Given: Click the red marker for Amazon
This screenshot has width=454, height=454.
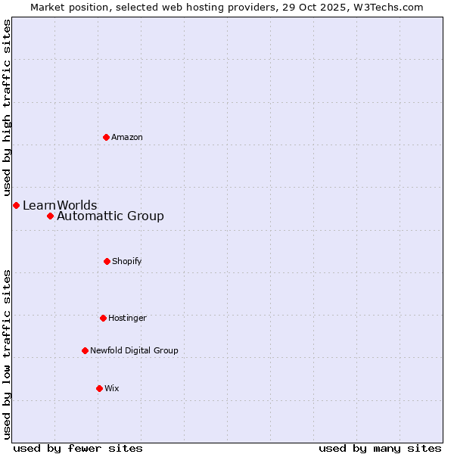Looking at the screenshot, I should [x=106, y=137].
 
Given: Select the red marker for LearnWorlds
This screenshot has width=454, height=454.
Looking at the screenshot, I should [x=16, y=205].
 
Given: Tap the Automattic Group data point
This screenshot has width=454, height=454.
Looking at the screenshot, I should [x=50, y=216].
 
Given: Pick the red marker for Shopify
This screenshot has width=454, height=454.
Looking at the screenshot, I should [x=107, y=261].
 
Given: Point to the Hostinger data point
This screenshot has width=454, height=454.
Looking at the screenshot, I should [x=103, y=318].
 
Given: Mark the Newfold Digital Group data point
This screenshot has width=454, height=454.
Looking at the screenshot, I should [x=85, y=350].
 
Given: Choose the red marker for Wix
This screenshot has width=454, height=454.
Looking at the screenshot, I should [x=99, y=388].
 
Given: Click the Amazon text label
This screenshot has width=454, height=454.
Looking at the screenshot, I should [x=127, y=137].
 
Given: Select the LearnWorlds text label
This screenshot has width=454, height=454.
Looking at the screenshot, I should [x=60, y=205].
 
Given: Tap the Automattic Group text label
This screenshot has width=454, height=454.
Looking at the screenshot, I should [x=110, y=216].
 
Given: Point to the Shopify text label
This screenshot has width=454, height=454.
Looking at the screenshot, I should [x=127, y=261].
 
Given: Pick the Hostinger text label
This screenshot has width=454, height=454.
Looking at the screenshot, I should [x=127, y=318].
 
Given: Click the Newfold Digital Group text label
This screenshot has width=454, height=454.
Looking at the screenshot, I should [x=134, y=350].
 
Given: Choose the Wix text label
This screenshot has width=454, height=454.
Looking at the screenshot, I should [x=112, y=388].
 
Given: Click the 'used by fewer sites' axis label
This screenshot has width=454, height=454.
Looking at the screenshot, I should [x=78, y=448].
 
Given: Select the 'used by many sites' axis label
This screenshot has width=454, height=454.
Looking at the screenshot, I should [x=380, y=448].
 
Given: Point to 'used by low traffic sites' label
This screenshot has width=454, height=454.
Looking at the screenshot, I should [x=7, y=354].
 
